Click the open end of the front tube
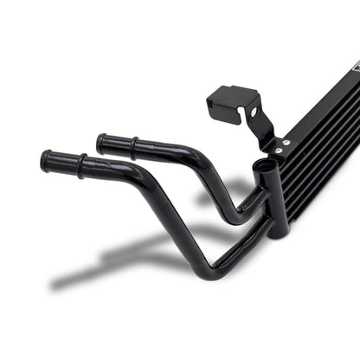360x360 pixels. [45, 161]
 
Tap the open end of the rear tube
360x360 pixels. [101, 141]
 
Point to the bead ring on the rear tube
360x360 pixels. [133, 144]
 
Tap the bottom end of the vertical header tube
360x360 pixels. [277, 231]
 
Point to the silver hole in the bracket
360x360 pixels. [253, 112]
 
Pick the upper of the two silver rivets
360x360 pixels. [286, 143]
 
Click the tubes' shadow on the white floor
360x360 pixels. [130, 260]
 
